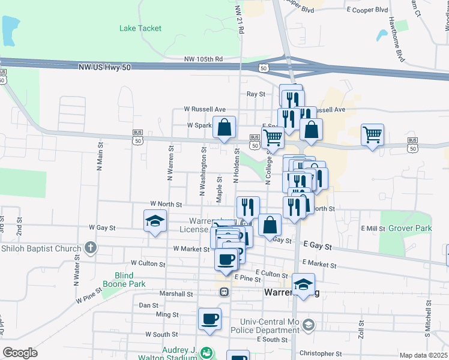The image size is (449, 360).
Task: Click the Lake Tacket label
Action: (x=140, y=28)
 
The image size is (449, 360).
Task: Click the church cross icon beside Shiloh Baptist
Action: (x=90, y=247)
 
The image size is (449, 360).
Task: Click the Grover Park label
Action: (x=410, y=229)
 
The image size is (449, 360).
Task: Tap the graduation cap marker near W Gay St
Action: (x=154, y=221)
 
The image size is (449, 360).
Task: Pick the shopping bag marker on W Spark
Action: (x=224, y=127)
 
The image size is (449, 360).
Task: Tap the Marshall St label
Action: (x=176, y=294)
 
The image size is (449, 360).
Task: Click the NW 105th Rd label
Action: (x=203, y=59)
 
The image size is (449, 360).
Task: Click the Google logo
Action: (x=20, y=353)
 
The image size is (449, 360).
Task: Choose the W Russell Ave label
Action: (x=205, y=109)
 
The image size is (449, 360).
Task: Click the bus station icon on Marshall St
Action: (x=223, y=292)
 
